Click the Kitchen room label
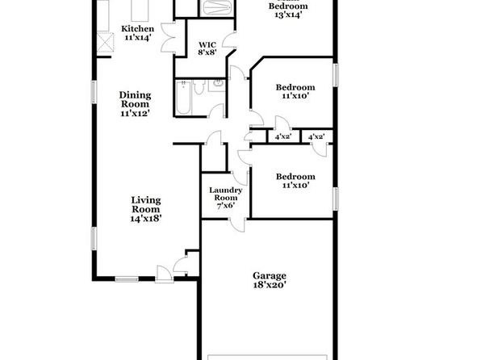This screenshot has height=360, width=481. (x=137, y=29)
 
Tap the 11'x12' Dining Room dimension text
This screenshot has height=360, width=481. (x=136, y=113)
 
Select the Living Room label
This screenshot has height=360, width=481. (x=146, y=205)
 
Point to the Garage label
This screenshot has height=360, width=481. (x=270, y=276)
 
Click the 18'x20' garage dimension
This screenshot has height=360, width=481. (x=270, y=285)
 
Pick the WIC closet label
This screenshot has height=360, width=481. (x=207, y=45)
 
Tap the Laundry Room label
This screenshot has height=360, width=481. (x=226, y=194)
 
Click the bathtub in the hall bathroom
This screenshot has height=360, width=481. (x=183, y=98)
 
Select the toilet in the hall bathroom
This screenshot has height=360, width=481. (x=199, y=87)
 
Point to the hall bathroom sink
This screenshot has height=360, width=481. (x=218, y=83)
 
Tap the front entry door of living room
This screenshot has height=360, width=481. (x=164, y=274)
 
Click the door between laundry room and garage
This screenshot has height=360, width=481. (x=238, y=225)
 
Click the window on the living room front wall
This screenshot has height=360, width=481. (x=127, y=279)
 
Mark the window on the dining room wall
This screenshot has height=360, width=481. (x=94, y=92)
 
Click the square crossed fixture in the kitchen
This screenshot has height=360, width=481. (x=105, y=42)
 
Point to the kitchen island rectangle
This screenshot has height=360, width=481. (x=140, y=10)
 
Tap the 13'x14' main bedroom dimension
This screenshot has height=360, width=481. (x=288, y=15)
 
